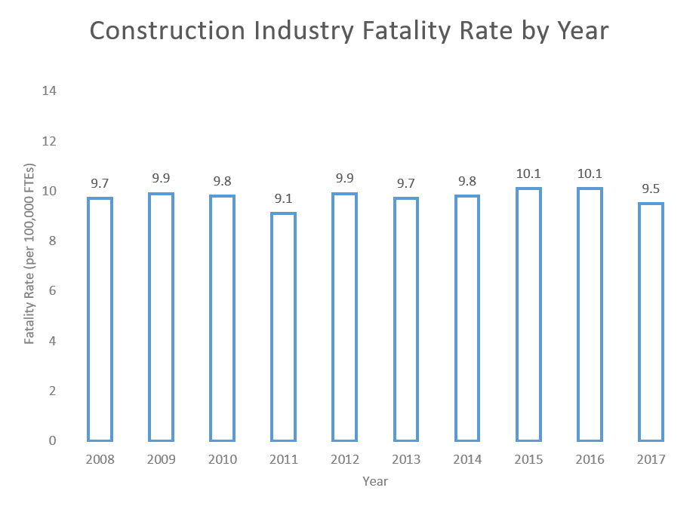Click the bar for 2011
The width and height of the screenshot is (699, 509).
tap(284, 327)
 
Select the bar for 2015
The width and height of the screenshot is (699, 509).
tap(528, 314)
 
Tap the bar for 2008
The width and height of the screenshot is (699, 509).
tap(100, 319)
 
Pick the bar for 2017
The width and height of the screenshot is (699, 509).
tap(651, 321)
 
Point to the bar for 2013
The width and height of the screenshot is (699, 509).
tap(406, 319)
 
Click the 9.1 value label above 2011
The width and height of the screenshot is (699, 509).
tap(284, 198)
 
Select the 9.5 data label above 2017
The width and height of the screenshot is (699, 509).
tap(651, 189)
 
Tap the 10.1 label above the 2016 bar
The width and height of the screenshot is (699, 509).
tap(590, 173)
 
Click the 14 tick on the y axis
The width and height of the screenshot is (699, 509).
tap(50, 91)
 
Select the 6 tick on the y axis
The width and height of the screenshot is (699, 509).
tap(53, 290)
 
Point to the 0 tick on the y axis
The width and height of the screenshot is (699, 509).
tap(53, 440)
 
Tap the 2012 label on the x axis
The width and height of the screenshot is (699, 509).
tap(345, 460)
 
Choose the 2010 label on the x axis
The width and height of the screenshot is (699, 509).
tap(223, 460)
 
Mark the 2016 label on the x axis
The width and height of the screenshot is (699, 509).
tap(590, 460)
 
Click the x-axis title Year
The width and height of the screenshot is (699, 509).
tap(375, 481)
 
